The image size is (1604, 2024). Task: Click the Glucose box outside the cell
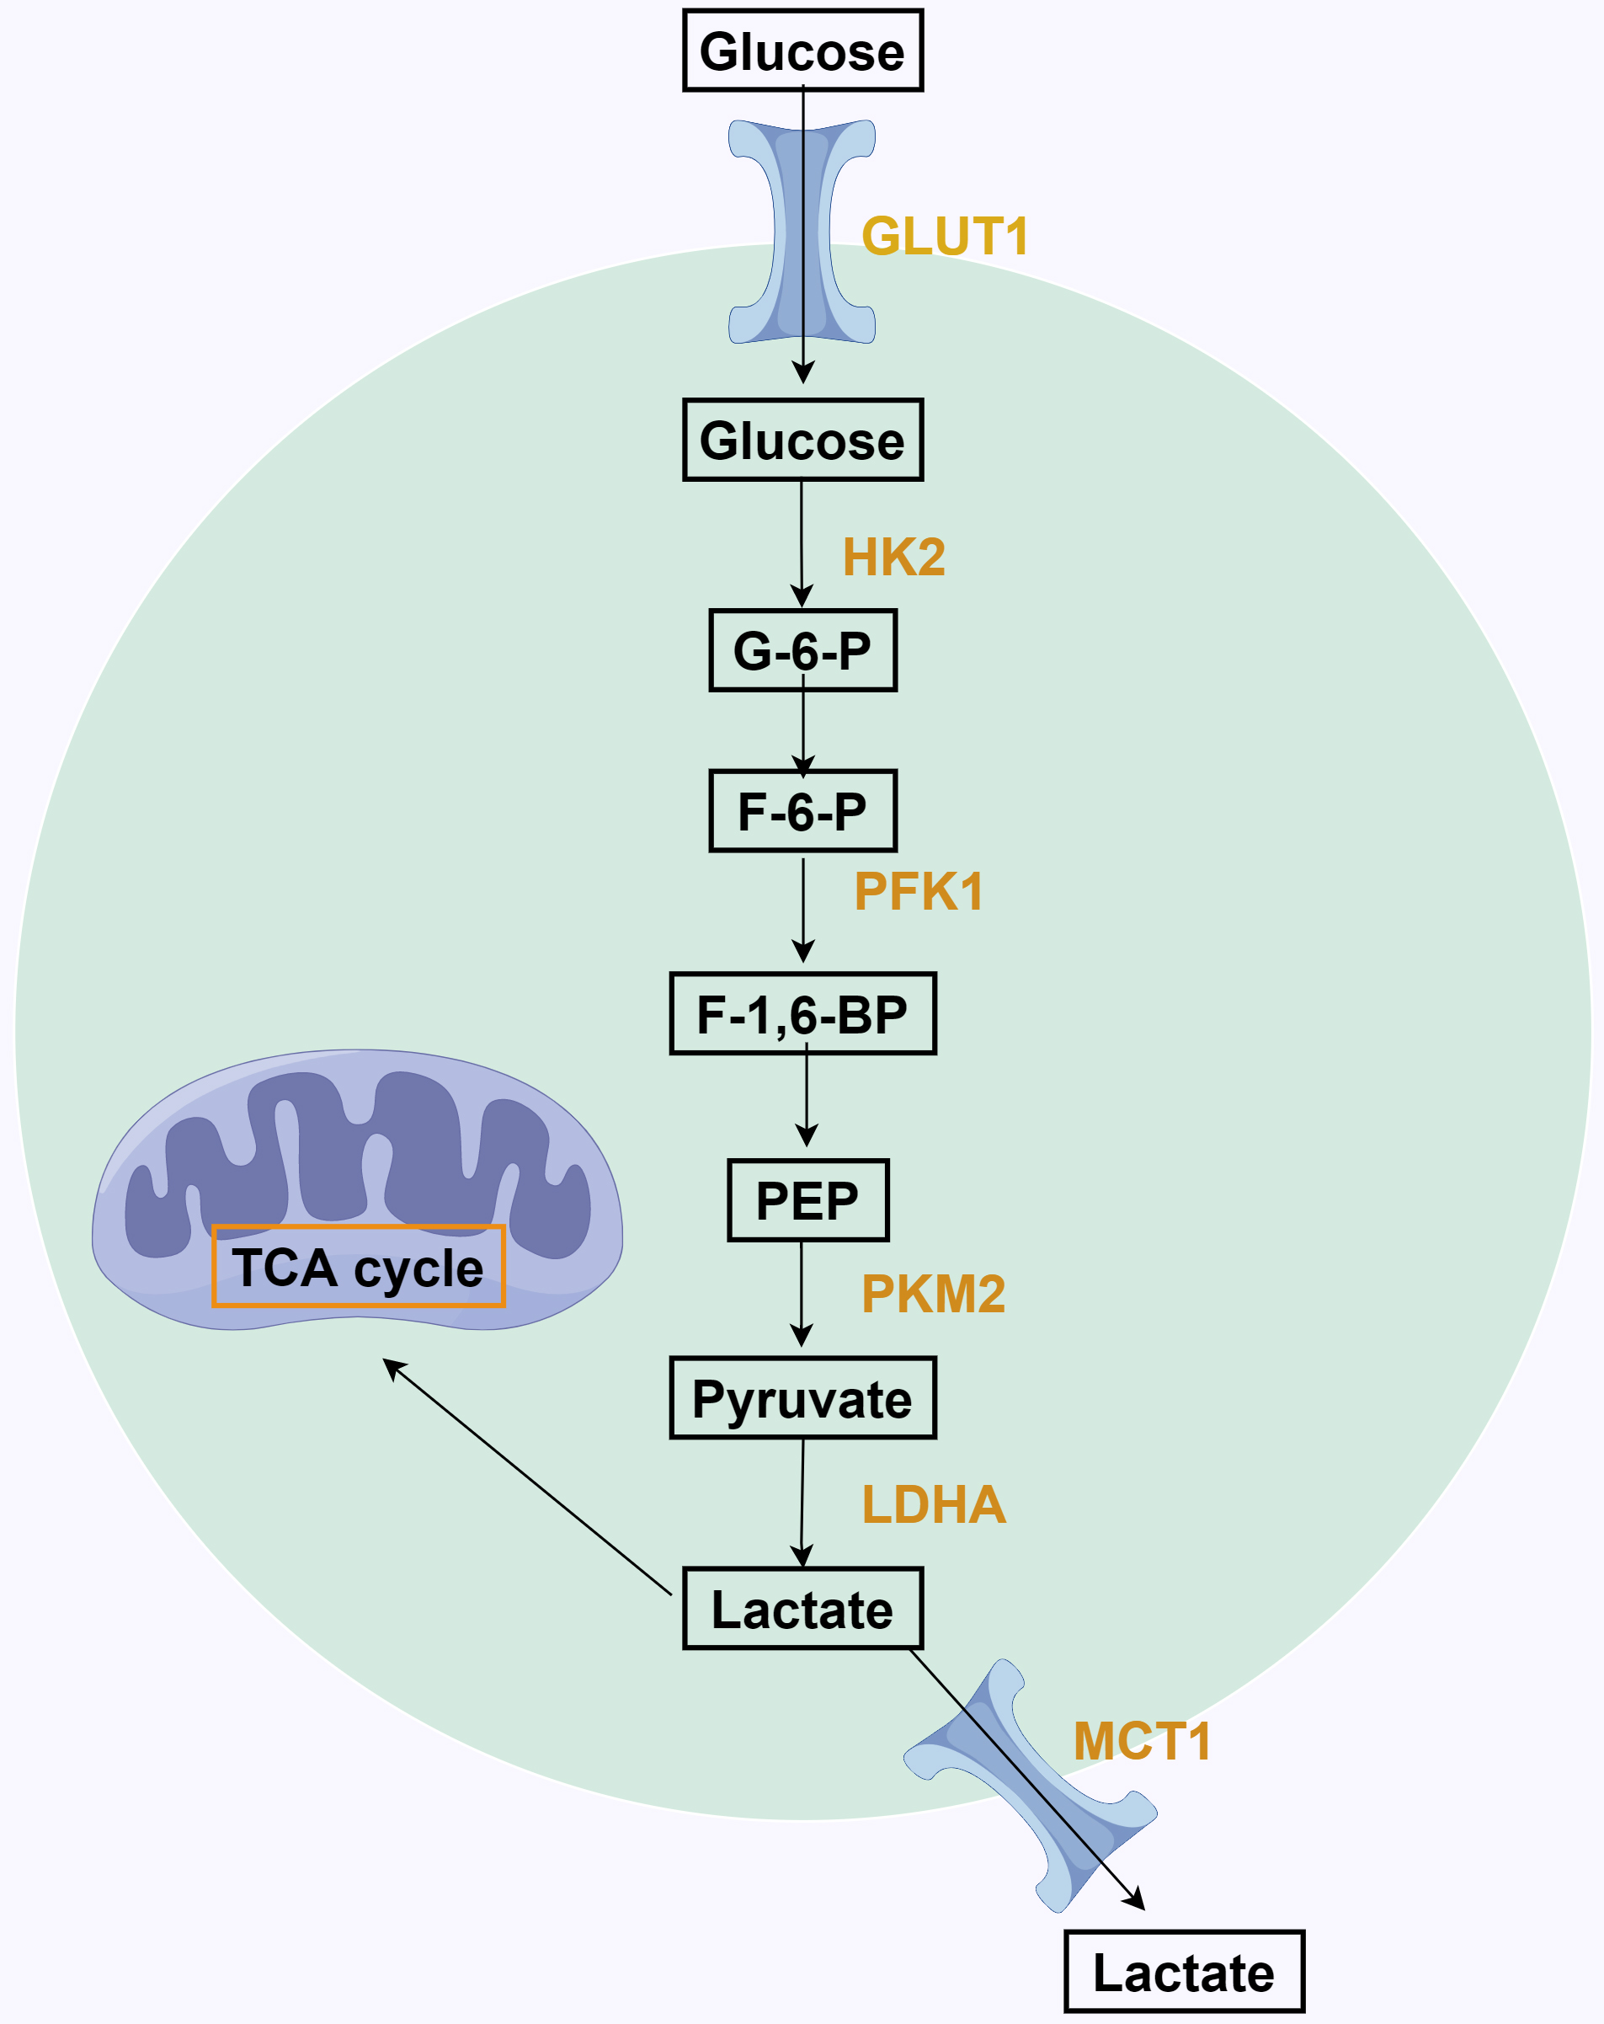click(802, 51)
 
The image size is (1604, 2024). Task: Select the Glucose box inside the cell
click(802, 441)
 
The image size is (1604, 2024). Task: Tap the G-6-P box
click(802, 650)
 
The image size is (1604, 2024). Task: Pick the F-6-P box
click(802, 811)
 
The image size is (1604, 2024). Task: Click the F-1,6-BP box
click(802, 1014)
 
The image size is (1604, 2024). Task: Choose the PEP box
click(807, 1201)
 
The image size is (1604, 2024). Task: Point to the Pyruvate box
click(802, 1399)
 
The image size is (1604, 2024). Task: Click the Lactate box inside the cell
click(802, 1609)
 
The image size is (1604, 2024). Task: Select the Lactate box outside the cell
click(1184, 1973)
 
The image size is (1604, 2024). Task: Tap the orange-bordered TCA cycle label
click(359, 1267)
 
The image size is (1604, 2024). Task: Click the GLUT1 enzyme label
click(945, 236)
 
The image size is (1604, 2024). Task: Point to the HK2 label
click(893, 557)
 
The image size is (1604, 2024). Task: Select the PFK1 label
click(919, 891)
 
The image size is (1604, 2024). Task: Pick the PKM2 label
click(933, 1294)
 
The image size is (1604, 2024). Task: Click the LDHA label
click(934, 1504)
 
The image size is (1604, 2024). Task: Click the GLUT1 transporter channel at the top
click(802, 232)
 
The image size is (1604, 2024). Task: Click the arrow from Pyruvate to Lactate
click(802, 1502)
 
